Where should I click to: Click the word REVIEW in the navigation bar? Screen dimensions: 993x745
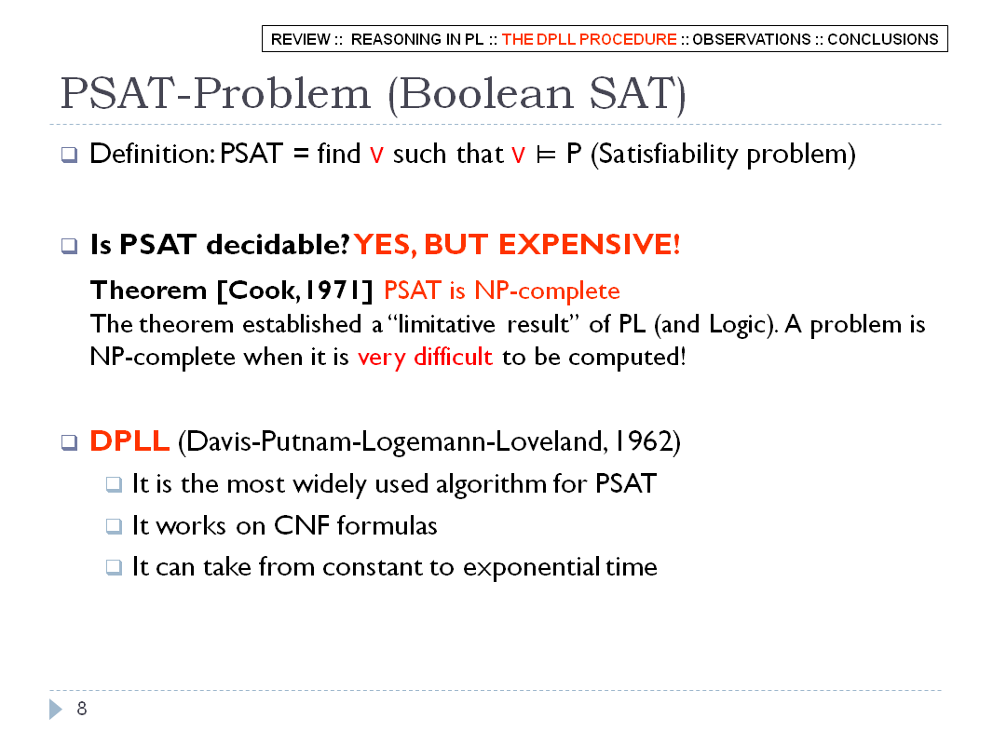[301, 39]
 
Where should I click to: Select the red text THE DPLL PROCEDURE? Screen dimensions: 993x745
[590, 39]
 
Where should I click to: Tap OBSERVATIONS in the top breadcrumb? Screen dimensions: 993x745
[751, 39]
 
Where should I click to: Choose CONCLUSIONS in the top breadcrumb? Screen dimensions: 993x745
[883, 39]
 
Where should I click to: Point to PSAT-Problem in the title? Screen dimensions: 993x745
[214, 94]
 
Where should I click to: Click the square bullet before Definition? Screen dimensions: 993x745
[70, 155]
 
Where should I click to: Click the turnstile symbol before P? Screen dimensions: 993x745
[546, 156]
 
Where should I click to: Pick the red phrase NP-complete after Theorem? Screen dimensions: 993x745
[547, 291]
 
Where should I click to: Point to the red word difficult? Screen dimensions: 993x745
[453, 357]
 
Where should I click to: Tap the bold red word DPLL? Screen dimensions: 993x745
[129, 441]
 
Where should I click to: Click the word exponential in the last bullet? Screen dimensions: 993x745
[531, 568]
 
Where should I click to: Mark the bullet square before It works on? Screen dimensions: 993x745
[114, 526]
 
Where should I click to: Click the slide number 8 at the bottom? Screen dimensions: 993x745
[82, 709]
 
